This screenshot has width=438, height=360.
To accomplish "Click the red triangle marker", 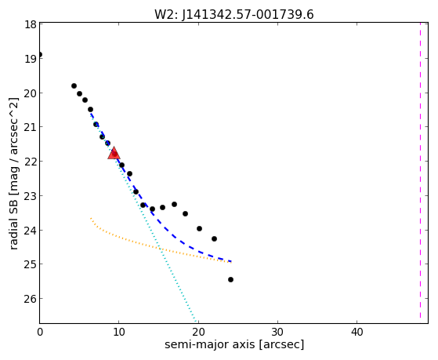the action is (114, 153).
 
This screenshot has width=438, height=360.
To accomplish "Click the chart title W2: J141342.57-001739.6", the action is (234, 15).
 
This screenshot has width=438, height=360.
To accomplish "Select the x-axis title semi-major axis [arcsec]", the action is (234, 344).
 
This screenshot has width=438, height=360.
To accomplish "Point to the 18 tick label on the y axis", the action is (31, 24).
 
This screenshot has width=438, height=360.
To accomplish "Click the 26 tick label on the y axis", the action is (31, 299).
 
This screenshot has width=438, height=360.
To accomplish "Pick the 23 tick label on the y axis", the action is (31, 196).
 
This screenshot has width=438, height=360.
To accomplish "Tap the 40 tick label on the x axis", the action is (357, 332).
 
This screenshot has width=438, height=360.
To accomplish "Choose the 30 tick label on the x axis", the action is (277, 332).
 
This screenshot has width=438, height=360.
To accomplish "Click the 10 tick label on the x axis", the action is (119, 332).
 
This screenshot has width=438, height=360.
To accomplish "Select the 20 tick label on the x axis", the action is (198, 332).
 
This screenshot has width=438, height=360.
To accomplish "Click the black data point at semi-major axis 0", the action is (40, 55).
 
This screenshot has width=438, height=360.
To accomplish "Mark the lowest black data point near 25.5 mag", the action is (230, 280).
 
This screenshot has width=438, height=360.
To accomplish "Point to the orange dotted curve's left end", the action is (91, 217).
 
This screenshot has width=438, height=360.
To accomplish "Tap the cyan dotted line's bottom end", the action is (196, 322).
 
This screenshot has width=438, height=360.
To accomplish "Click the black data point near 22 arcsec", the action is (214, 239).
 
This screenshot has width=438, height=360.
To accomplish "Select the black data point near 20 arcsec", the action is (199, 229).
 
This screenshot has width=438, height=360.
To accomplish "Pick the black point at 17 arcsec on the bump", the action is (174, 205).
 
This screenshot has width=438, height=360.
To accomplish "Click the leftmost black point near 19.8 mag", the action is (74, 85).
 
